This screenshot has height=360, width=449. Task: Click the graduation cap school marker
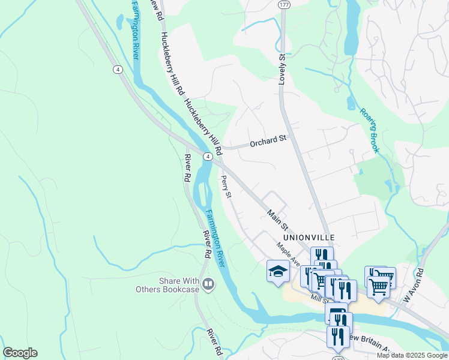pos(277,272)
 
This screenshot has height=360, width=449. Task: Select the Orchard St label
pos(268,142)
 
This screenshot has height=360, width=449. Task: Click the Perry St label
pos(226,186)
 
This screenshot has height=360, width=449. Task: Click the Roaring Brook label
pos(369,130)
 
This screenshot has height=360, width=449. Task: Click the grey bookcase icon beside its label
pos(208,283)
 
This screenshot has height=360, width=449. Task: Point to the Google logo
pos(20,353)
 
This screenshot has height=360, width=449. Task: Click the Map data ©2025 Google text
pos(412,355)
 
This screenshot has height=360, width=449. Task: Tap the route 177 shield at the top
pos(284,4)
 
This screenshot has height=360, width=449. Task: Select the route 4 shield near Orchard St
pos(207,156)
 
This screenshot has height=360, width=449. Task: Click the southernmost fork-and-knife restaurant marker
pos(338,336)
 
